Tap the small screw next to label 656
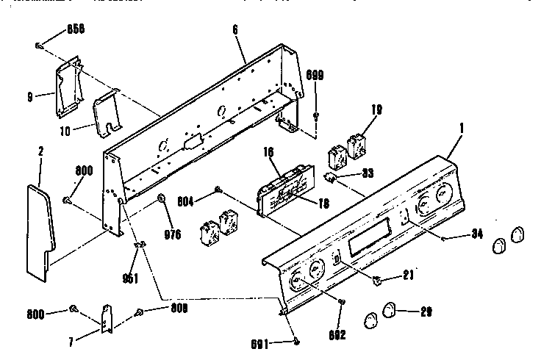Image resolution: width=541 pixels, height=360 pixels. (38, 46)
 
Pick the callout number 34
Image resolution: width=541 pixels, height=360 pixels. (479, 235)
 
